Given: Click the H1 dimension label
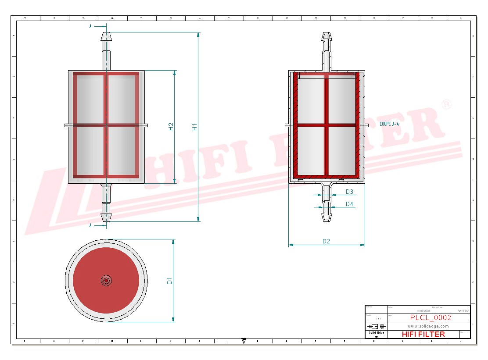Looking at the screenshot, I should pyautogui.click(x=195, y=126).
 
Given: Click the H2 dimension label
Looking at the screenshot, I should pyautogui.click(x=171, y=126).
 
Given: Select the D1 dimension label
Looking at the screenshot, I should pyautogui.click(x=170, y=281).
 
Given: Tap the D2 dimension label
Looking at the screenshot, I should pyautogui.click(x=326, y=241).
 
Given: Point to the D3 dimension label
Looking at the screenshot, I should pyautogui.click(x=349, y=192).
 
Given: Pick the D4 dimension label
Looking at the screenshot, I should pyautogui.click(x=349, y=204).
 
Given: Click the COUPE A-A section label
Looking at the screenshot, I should pyautogui.click(x=389, y=124).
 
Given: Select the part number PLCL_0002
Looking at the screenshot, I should pyautogui.click(x=430, y=317).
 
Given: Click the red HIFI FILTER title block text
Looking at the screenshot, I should pyautogui.click(x=423, y=334).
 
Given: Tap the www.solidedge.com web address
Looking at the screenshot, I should pyautogui.click(x=428, y=326).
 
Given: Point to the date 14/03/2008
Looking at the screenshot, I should pyautogui.click(x=423, y=310).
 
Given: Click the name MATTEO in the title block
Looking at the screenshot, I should pyautogui.click(x=463, y=310).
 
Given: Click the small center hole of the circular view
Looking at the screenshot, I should pyautogui.click(x=106, y=280).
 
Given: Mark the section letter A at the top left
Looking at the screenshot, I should pyautogui.click(x=91, y=26).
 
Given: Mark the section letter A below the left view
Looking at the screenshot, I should pyautogui.click(x=91, y=225).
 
